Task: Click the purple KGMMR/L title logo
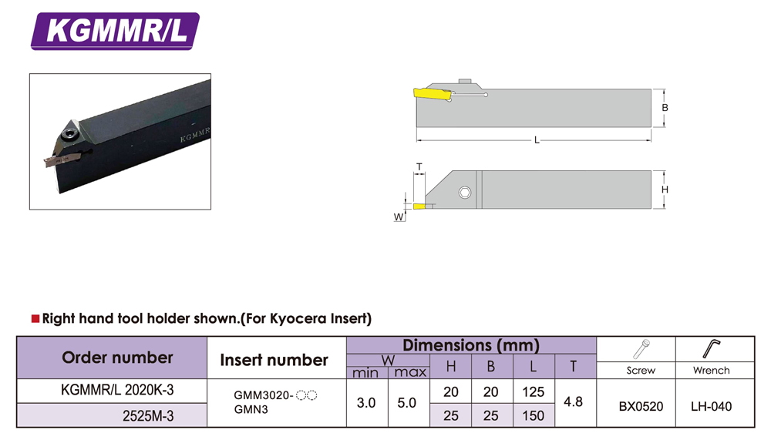click(x=115, y=31)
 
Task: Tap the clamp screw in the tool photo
click(x=69, y=135)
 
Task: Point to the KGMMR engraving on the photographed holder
click(x=195, y=134)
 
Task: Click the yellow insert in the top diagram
click(x=433, y=94)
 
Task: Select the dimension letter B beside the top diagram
click(x=665, y=108)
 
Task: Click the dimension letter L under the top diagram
click(x=537, y=140)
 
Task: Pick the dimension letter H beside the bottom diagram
click(x=665, y=190)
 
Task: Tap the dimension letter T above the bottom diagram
click(x=419, y=167)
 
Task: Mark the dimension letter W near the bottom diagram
click(x=399, y=217)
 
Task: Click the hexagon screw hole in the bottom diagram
click(x=465, y=192)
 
